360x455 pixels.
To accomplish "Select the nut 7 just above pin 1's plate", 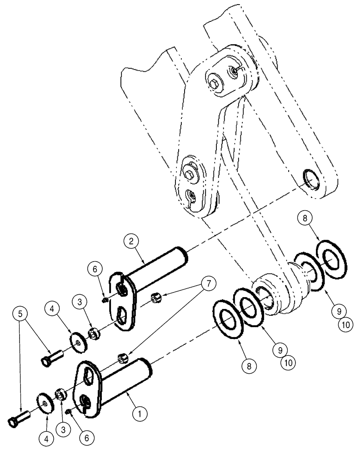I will click(122, 359).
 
